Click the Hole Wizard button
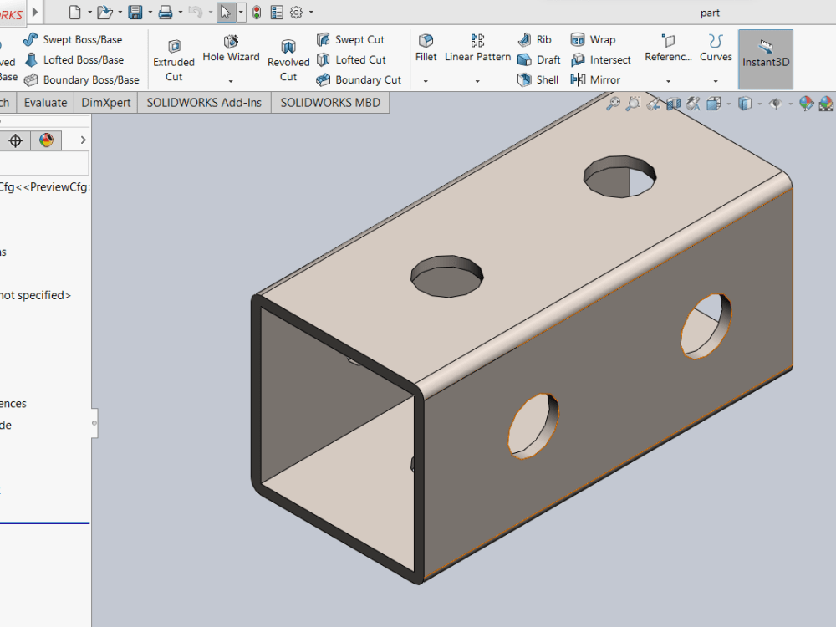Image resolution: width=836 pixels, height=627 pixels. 231,48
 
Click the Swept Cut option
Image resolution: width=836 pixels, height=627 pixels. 350,39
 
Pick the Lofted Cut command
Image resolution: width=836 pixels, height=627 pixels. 351,59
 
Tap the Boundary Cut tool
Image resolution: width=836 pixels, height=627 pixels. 359,79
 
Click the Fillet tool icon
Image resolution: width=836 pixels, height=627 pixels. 426,48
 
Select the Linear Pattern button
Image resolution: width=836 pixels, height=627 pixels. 477,48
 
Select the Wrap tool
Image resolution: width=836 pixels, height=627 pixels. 593,39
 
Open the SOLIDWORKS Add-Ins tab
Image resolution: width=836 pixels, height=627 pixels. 204,103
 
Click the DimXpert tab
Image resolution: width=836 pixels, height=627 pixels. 105,103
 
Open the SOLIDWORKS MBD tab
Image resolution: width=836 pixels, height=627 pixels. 329,103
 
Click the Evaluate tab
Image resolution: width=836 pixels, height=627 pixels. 45,103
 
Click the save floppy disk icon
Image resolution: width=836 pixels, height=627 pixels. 135,12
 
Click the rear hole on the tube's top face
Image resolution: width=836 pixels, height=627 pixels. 619,176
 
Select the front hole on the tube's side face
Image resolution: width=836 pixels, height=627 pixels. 533,426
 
